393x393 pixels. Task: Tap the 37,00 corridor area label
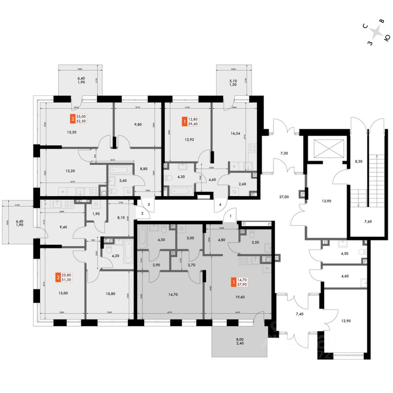coord(284,196)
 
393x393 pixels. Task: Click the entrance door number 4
coord(220,204)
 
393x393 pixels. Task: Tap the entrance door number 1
coord(230,215)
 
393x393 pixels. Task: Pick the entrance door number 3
coord(149,204)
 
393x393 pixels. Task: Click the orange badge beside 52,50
coord(73,120)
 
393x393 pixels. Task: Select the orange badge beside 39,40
coord(185,122)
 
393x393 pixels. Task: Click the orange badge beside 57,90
coord(233,282)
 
